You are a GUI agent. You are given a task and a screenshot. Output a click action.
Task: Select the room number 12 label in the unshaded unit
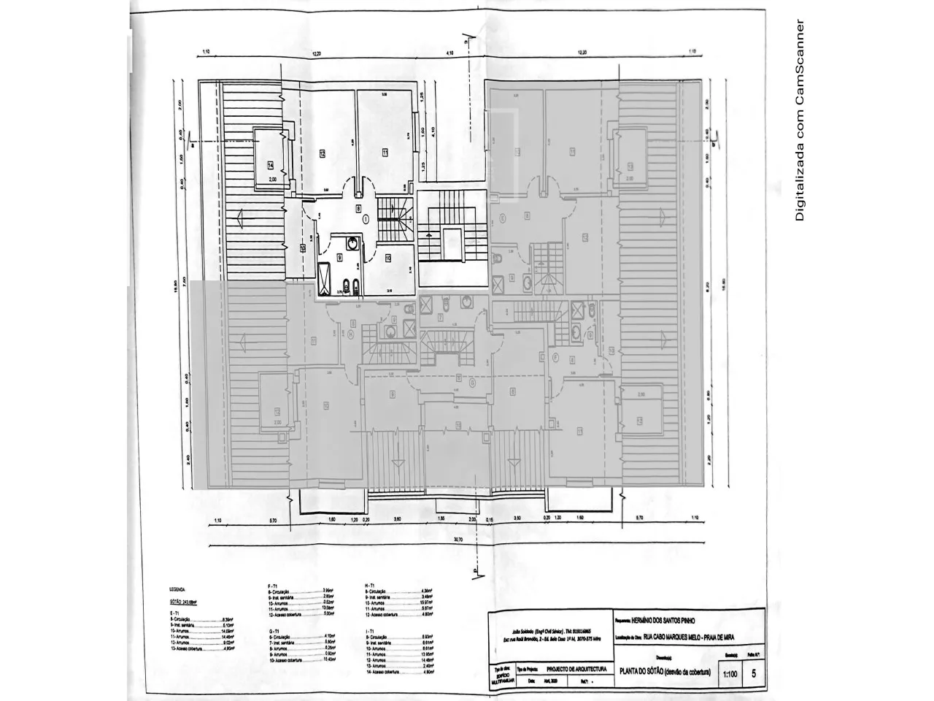coord(322,153)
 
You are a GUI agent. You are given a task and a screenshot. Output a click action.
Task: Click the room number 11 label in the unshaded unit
coord(385,153)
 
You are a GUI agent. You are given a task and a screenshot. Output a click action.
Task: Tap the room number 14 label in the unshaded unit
coord(270,164)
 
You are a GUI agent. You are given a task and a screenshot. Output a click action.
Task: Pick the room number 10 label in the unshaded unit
coord(388,257)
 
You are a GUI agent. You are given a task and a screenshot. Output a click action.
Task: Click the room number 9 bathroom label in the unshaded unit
coord(339,257)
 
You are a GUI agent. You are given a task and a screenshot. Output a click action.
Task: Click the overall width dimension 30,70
coord(458,540)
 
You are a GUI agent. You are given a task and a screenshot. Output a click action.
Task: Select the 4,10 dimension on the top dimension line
coord(450,53)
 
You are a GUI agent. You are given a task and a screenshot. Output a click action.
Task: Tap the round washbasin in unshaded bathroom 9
coord(352,245)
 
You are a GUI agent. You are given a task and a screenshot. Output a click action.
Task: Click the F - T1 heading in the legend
coord(274,586)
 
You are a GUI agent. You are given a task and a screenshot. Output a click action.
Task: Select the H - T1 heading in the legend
coord(370,586)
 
